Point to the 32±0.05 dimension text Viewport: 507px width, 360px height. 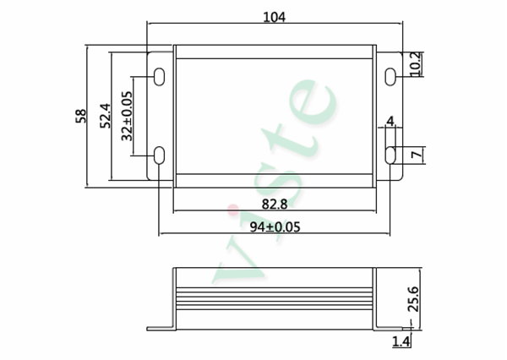click(127, 116)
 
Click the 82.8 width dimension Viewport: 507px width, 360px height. click(274, 205)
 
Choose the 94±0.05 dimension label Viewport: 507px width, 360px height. click(275, 226)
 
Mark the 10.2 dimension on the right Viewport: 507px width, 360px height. click(415, 64)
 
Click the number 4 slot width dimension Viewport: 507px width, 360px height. click(390, 123)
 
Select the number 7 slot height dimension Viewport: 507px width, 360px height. click(416, 155)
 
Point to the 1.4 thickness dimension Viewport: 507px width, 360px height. click(401, 341)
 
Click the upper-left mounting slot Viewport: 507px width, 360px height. click(160, 76)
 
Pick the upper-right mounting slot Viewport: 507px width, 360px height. click(390, 76)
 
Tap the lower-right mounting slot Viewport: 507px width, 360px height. click(390, 155)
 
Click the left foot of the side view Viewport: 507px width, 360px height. click(160, 328)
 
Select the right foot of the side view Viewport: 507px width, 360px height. click(387, 328)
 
